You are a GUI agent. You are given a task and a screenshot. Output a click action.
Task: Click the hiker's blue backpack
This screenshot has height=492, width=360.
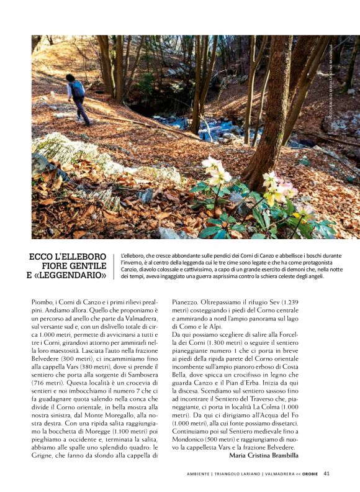coord(78,89)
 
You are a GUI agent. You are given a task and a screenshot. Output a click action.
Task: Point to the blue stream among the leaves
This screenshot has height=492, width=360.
coord(214,130)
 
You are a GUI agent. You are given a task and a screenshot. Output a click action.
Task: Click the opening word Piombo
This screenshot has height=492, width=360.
coord(43,303)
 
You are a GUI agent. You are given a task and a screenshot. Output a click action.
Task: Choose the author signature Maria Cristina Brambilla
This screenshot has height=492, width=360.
coord(272,455)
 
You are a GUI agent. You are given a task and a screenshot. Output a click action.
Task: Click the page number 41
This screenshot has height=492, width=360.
coord(326,473)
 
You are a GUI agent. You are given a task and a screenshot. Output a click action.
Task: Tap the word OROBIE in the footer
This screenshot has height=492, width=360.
coord(310,473)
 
